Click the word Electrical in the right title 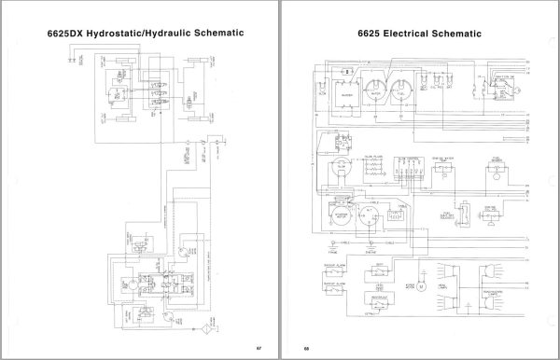pos(413,34)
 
